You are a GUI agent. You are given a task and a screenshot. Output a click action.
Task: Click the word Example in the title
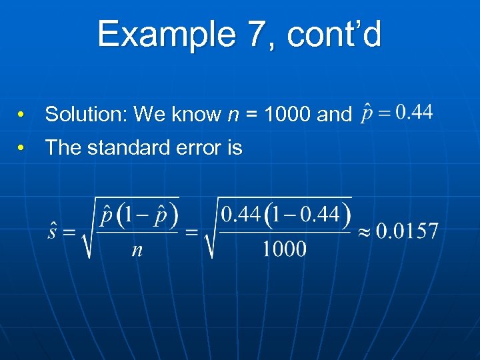click(x=165, y=35)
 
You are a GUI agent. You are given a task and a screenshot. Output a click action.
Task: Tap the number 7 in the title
click(x=255, y=35)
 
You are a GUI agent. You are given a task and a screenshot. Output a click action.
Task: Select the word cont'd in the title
click(x=334, y=35)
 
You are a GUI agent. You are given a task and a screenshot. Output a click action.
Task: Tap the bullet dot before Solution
click(x=22, y=115)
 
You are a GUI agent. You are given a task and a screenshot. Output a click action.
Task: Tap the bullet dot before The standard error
click(x=22, y=148)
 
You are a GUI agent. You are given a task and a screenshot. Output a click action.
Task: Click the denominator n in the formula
click(x=137, y=249)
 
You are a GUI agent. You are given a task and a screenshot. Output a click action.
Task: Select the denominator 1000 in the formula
click(x=284, y=249)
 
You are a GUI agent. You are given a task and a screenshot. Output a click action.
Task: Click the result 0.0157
click(x=407, y=231)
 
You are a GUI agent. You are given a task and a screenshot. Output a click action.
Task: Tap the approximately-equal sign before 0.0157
click(x=364, y=232)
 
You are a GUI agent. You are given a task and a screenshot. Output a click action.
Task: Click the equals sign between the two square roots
click(x=192, y=232)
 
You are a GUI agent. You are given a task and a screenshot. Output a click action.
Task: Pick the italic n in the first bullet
click(x=233, y=115)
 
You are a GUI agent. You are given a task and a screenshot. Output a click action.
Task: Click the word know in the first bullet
click(x=196, y=115)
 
